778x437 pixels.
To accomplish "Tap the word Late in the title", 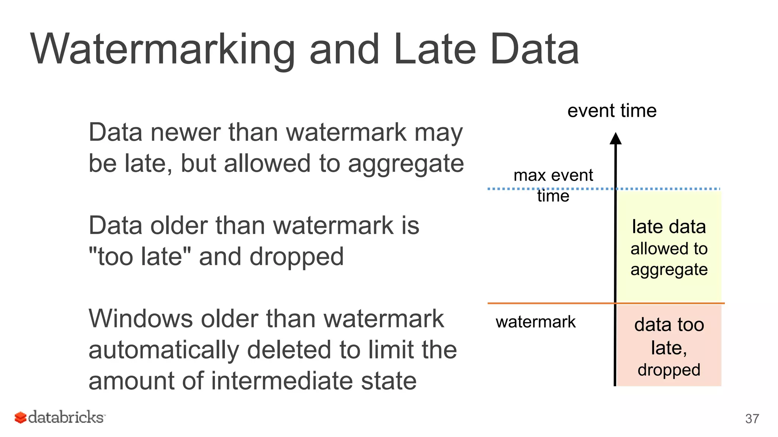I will pyautogui.click(x=434, y=49).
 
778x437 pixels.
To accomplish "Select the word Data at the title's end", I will pyautogui.click(x=534, y=49).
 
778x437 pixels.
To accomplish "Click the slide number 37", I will pyautogui.click(x=752, y=418).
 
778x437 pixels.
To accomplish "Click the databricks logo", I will pyautogui.click(x=60, y=417).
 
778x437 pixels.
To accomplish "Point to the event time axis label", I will pyautogui.click(x=612, y=111).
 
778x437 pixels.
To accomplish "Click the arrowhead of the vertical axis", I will pyautogui.click(x=615, y=138).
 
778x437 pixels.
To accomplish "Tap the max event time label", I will pyautogui.click(x=553, y=185).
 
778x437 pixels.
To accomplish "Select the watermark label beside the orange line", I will pyautogui.click(x=535, y=322).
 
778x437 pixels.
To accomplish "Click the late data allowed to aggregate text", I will pyautogui.click(x=669, y=248).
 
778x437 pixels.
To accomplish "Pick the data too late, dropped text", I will pyautogui.click(x=669, y=347).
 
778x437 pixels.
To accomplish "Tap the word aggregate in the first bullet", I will pyautogui.click(x=406, y=164).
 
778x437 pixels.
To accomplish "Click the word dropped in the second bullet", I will pyautogui.click(x=296, y=257).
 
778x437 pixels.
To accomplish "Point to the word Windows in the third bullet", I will pyautogui.click(x=141, y=319).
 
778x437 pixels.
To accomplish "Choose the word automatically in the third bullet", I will pyautogui.click(x=164, y=350).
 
